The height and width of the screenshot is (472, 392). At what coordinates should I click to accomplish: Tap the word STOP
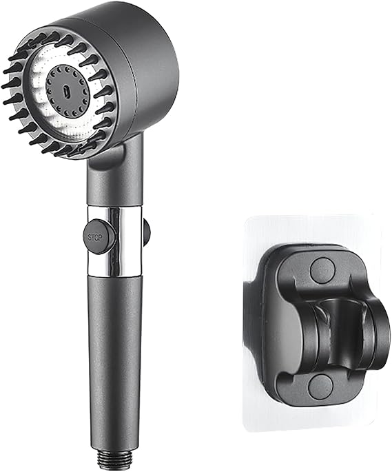tap(95, 234)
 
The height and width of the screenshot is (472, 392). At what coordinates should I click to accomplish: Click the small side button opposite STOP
tap(146, 232)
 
